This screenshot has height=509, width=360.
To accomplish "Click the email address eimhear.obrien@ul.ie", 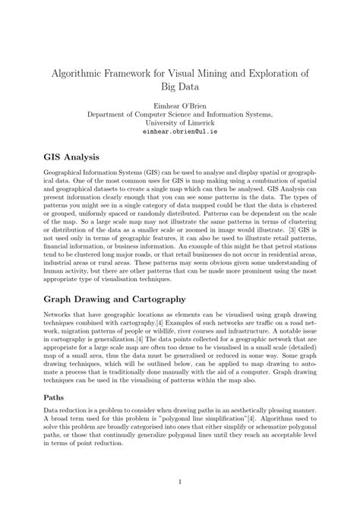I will [x=180, y=131].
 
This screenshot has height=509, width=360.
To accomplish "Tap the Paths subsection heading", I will [x=54, y=396].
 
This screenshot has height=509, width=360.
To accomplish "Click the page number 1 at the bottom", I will [x=180, y=482].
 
